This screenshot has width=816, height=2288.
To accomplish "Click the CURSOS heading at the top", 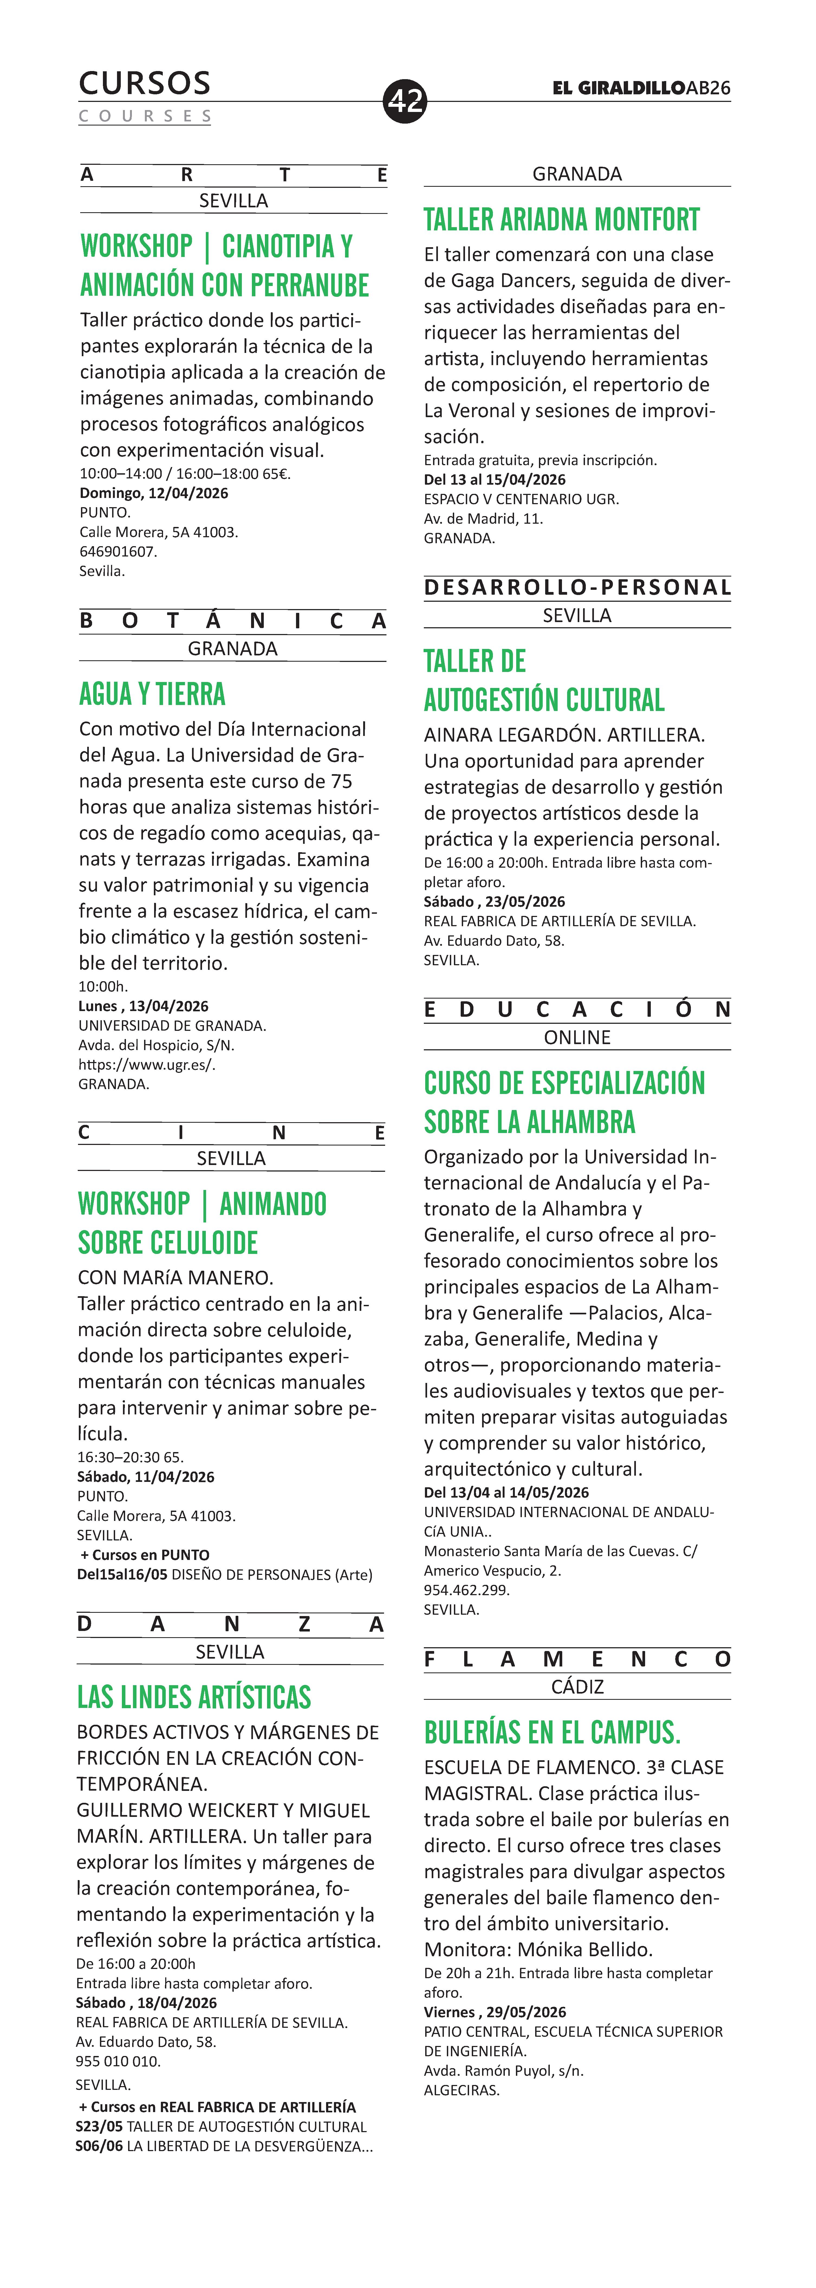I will pos(145,83).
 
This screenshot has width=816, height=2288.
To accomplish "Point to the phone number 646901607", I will pos(118,552).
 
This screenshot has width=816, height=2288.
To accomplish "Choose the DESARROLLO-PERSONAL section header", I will pos(577,587).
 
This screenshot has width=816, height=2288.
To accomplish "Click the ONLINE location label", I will pos(577,1037).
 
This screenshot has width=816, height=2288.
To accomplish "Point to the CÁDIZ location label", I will pos(577,1687).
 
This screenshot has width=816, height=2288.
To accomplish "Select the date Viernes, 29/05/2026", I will pos(495,2012).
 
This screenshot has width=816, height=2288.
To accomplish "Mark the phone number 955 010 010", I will pos(118,2061).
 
